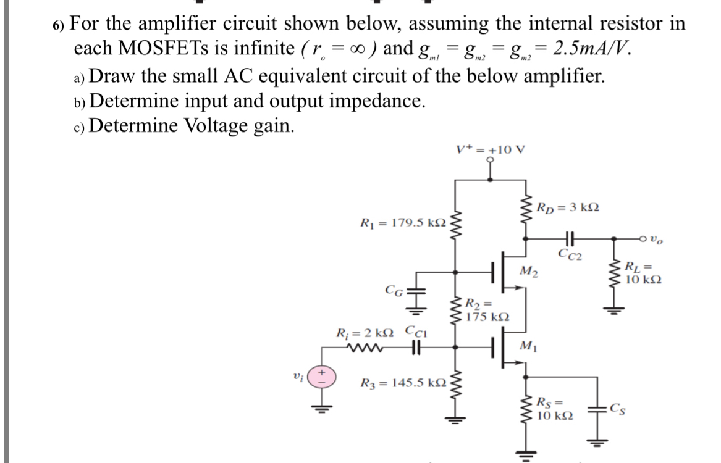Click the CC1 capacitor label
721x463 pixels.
pos(417,334)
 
